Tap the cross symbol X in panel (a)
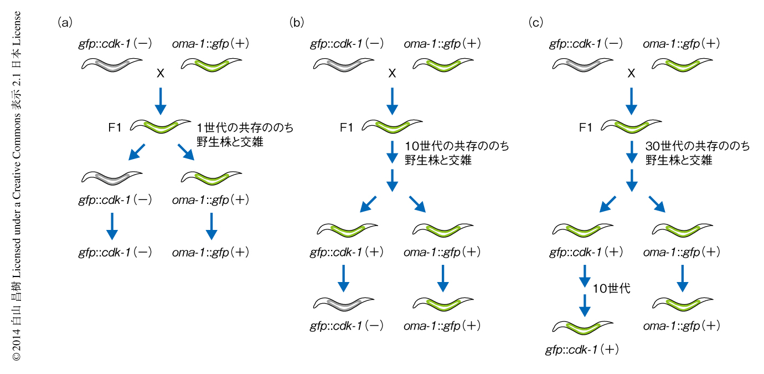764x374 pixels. (x=161, y=73)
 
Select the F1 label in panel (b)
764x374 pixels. (x=347, y=128)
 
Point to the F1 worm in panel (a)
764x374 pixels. (x=161, y=126)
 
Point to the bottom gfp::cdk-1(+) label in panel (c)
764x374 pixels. (x=582, y=350)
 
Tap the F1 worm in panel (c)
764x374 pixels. (x=632, y=126)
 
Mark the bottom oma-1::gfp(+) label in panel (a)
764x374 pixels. (x=210, y=253)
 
